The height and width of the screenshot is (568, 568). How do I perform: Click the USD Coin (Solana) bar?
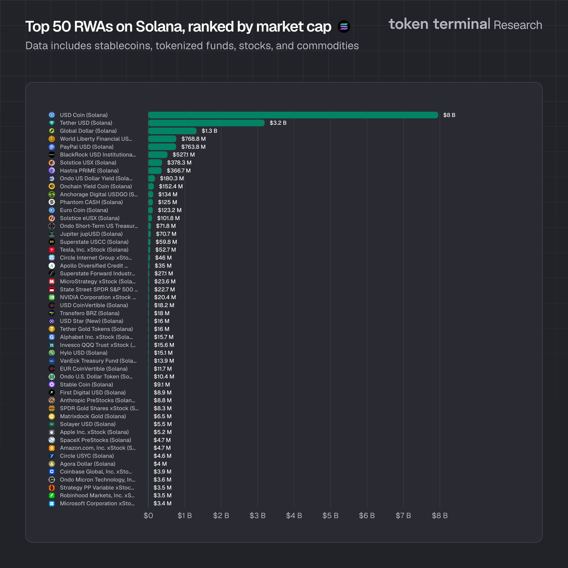tap(293, 115)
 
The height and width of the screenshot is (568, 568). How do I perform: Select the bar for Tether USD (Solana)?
tap(206, 123)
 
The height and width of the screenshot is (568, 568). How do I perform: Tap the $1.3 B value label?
tap(209, 131)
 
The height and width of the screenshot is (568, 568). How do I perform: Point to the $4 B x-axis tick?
tap(294, 516)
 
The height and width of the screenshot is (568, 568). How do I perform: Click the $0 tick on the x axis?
tap(148, 516)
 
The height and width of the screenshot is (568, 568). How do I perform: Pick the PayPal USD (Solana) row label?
tap(86, 147)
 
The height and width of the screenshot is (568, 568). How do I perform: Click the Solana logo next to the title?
tap(344, 27)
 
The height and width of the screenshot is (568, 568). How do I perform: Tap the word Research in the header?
tap(518, 25)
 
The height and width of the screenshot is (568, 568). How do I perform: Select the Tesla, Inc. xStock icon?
tap(52, 250)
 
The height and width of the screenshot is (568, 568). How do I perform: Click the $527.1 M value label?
tap(183, 155)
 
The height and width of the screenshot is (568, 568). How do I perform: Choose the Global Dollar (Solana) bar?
tap(172, 131)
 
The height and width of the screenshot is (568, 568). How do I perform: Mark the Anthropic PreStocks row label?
tap(97, 400)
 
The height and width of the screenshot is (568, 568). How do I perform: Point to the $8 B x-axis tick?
tap(440, 516)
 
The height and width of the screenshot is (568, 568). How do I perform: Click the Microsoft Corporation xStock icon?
tap(52, 504)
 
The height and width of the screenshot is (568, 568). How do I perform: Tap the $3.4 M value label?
tap(162, 504)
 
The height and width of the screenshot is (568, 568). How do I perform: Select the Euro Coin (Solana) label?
tap(84, 210)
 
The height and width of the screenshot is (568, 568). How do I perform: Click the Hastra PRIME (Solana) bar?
tap(155, 170)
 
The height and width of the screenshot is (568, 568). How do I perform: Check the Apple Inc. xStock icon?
tap(52, 432)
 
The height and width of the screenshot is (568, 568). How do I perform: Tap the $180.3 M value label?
tap(172, 178)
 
